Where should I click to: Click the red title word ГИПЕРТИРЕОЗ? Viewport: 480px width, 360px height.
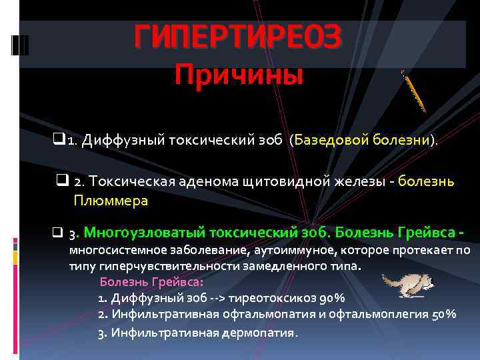coord(238,37)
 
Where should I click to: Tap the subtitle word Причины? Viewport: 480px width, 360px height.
coord(238,75)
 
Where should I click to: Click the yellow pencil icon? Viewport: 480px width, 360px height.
coord(414,90)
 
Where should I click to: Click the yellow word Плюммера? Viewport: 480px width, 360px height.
coord(111,200)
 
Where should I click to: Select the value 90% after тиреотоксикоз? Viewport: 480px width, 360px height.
coord(331,297)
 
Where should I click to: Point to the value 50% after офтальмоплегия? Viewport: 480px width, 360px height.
coord(443,314)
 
